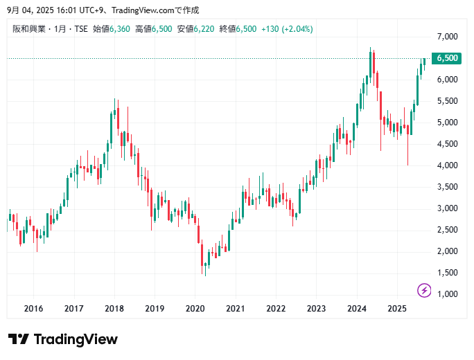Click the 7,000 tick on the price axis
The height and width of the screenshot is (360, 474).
click(447, 36)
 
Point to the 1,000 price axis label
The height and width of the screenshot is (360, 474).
click(447, 294)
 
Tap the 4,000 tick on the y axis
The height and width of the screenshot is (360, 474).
click(447, 165)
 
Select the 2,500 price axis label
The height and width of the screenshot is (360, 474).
click(447, 230)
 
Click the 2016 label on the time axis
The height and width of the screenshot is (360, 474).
click(33, 309)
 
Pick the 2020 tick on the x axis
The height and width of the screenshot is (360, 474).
click(195, 309)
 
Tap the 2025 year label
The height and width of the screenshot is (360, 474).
click(396, 309)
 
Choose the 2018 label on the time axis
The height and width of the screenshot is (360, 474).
click(114, 309)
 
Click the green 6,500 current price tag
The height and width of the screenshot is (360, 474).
click(447, 58)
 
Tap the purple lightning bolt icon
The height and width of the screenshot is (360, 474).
click(424, 290)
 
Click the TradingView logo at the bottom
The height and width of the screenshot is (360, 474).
click(63, 339)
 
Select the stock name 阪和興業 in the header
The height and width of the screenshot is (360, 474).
click(28, 29)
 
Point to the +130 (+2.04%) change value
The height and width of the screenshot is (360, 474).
click(287, 29)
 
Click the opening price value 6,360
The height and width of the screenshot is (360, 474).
click(121, 29)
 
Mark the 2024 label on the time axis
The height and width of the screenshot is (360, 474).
click(356, 309)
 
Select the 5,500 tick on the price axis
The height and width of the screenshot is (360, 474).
click(447, 101)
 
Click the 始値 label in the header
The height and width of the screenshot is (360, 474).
click(100, 29)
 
